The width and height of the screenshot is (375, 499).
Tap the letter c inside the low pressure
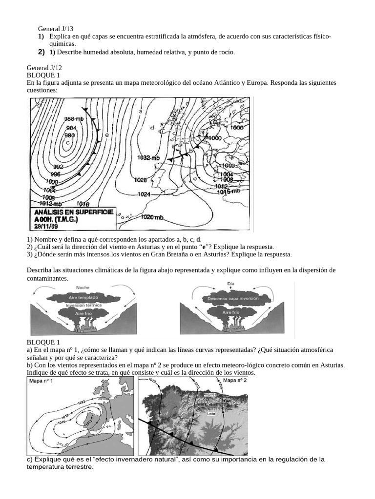(x=68, y=143)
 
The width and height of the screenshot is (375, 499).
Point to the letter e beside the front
(x=106, y=135)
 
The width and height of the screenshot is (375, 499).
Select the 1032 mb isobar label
(x=148, y=158)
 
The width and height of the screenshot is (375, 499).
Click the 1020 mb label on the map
(x=152, y=217)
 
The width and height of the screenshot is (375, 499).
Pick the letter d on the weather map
(x=152, y=128)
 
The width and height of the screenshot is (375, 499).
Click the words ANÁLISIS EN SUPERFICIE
(x=73, y=212)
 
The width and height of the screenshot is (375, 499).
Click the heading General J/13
(x=55, y=29)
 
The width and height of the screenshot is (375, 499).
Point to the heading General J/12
(x=44, y=68)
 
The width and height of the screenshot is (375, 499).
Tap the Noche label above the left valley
(x=83, y=288)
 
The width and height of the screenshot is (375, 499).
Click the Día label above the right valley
(x=231, y=284)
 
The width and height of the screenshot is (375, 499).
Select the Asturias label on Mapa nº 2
(x=211, y=395)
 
